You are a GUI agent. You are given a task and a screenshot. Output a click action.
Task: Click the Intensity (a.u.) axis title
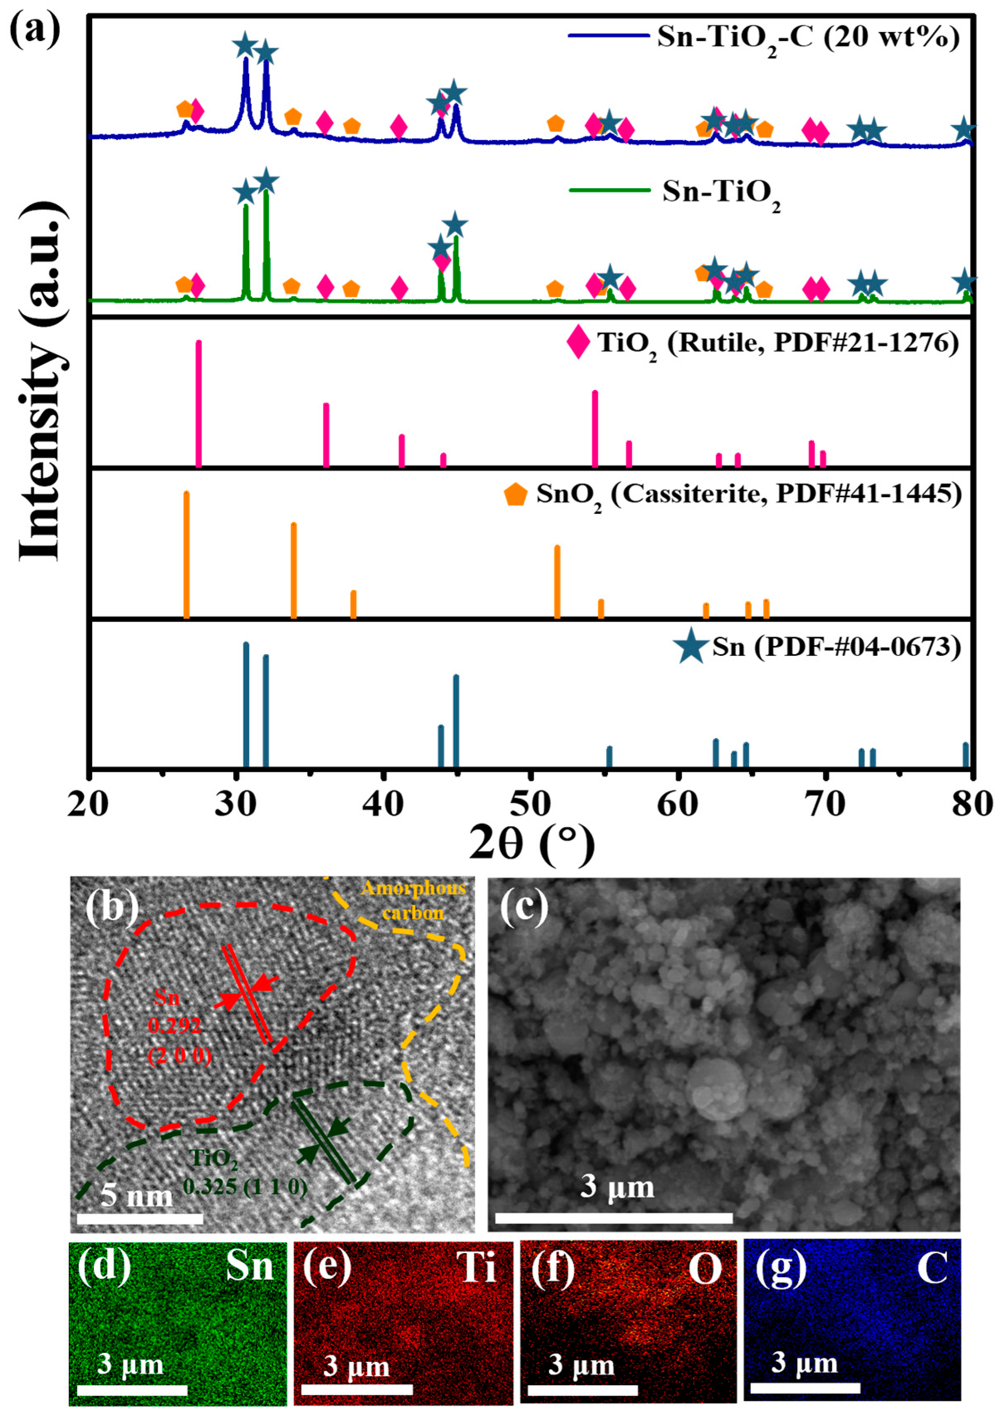pos(42,382)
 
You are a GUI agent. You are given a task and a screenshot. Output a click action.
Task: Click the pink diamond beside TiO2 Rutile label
pos(577,343)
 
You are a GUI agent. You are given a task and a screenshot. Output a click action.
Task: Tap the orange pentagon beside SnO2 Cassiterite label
pos(516,494)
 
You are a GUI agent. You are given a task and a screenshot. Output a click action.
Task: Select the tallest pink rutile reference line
pos(198,403)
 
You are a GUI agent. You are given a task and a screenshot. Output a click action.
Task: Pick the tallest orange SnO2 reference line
pos(186,554)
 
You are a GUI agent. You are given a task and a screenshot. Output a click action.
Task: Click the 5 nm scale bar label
pos(137,1195)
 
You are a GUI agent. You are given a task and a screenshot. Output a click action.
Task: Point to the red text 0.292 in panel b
pos(174,1025)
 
